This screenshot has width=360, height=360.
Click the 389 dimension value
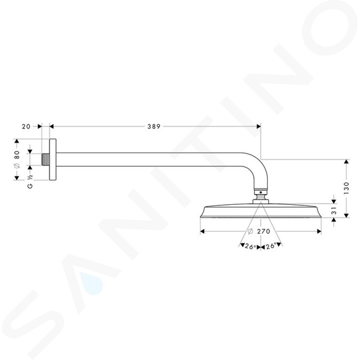[x=154, y=126]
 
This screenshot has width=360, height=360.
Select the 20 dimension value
[x=26, y=126]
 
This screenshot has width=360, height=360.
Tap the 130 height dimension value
[x=346, y=188]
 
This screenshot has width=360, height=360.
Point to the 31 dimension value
[x=334, y=210]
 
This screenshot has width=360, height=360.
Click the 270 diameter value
[x=264, y=231]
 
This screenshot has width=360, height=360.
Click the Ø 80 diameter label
[x=17, y=159]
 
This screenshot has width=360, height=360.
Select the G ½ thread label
[x=30, y=181]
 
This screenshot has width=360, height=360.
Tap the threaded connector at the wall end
[x=45, y=159]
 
